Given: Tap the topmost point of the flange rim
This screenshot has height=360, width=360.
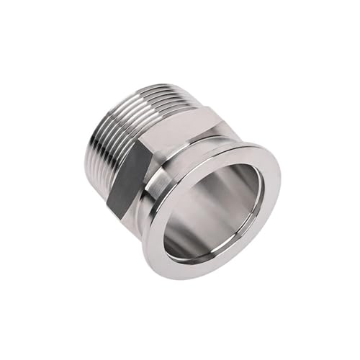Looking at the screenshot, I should pos(238,144).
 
